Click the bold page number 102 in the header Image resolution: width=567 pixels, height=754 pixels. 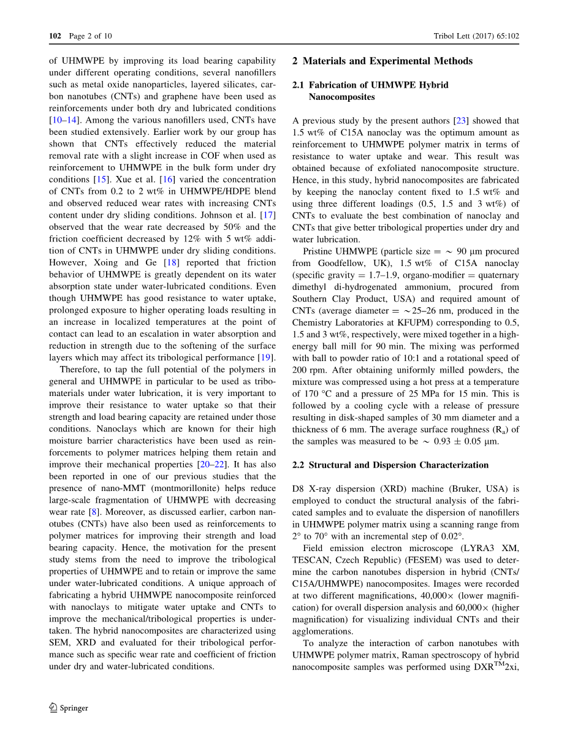point(55,36)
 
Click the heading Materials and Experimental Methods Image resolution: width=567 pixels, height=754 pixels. point(387,61)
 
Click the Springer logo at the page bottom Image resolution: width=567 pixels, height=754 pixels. point(69,707)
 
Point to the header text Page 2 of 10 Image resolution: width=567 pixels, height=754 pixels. point(90,36)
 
